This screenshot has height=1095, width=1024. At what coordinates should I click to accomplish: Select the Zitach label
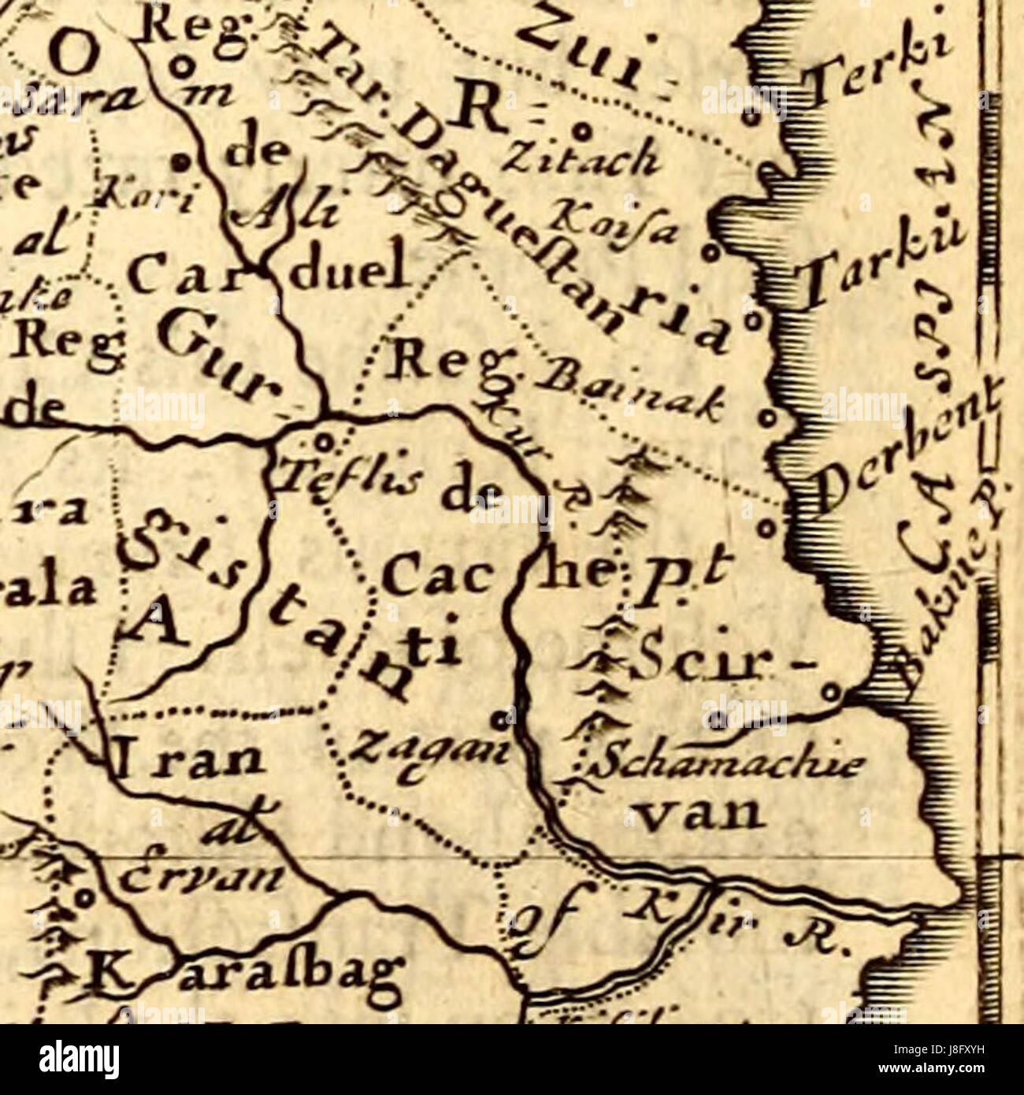pos(584,160)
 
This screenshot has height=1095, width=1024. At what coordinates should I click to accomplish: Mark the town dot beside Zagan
pos(499,718)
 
